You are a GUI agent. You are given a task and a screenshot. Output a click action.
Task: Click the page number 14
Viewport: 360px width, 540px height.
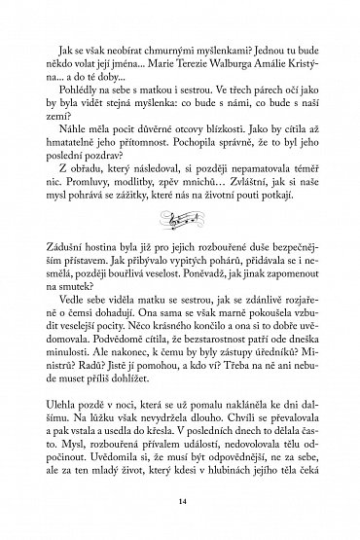click(x=181, y=501)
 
